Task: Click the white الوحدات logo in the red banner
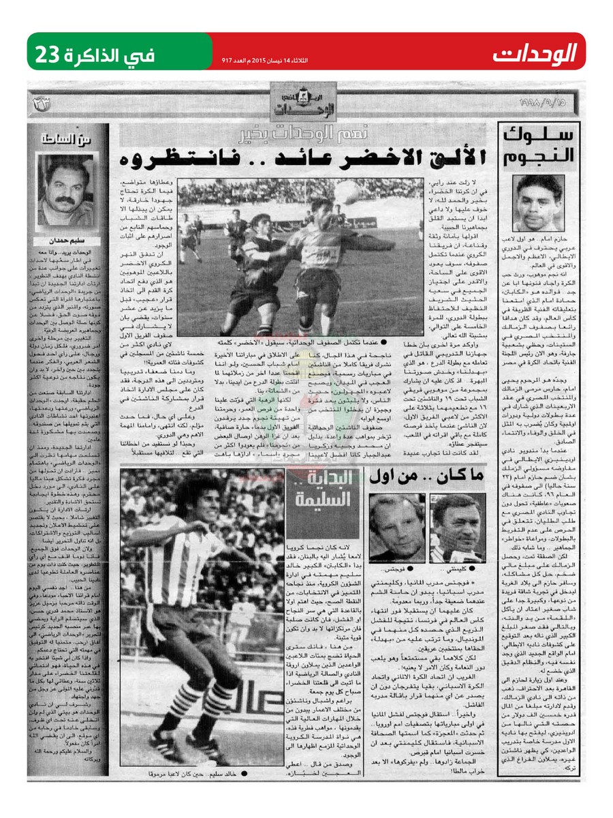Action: [x=543, y=52]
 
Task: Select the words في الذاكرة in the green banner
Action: [x=115, y=52]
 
